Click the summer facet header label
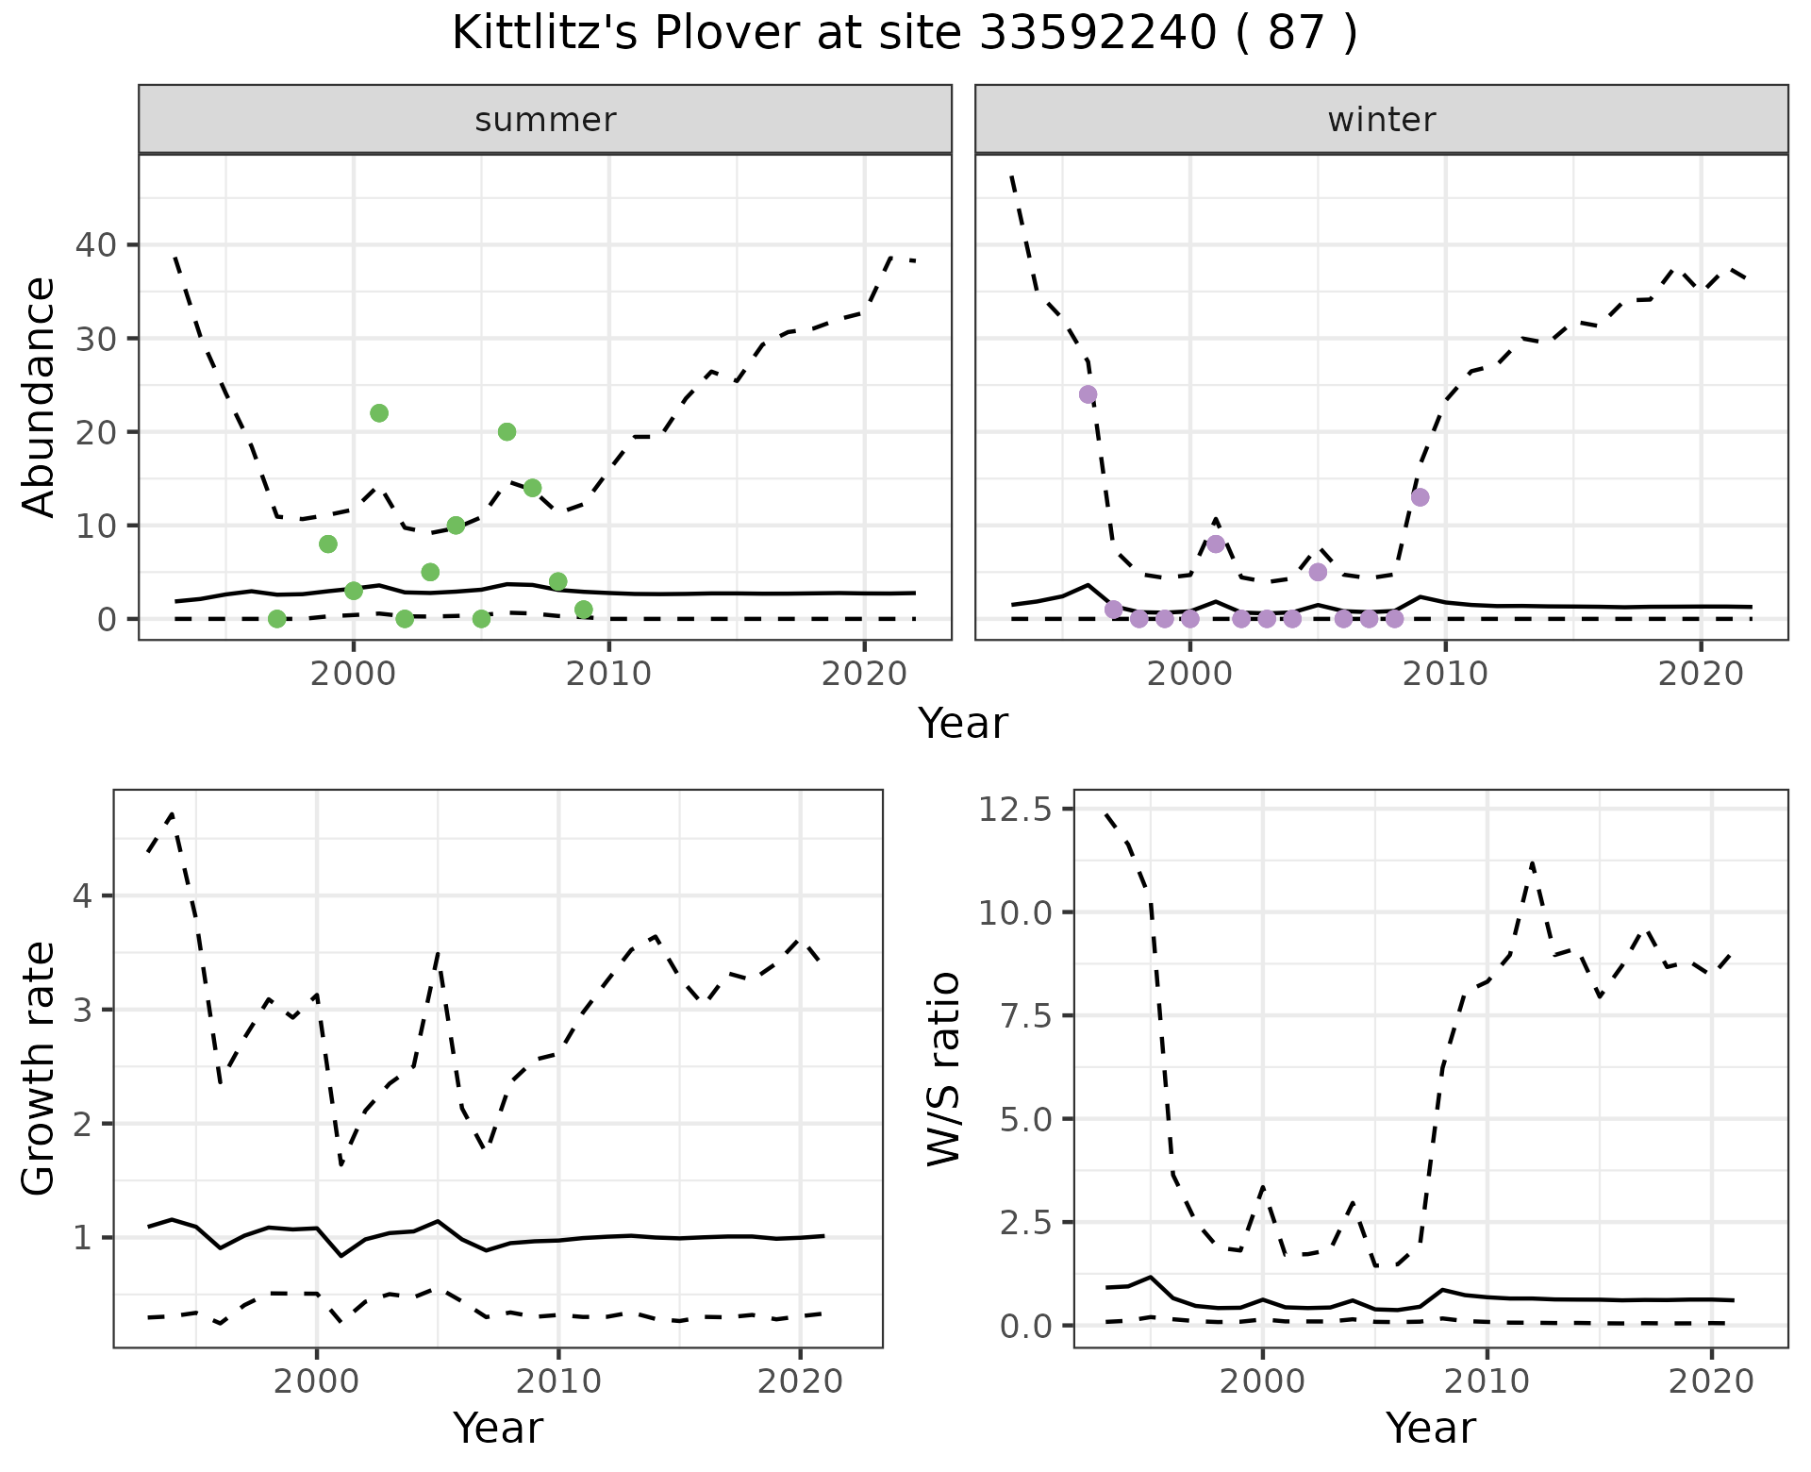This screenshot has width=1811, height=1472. click(545, 120)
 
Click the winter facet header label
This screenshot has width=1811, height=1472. click(1381, 120)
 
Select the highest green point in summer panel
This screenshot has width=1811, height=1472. click(379, 413)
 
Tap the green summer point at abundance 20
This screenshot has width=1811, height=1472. click(507, 432)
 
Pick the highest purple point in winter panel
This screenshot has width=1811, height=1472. click(1088, 394)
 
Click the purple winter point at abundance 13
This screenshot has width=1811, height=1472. click(1420, 497)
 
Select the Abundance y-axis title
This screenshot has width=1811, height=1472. click(39, 396)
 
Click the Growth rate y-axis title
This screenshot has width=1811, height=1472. click(39, 1068)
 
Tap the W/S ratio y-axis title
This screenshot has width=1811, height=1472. click(944, 1068)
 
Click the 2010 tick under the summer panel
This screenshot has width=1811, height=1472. click(608, 674)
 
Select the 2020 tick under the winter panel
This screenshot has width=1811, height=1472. click(1700, 674)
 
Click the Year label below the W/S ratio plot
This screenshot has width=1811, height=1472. click(1430, 1429)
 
